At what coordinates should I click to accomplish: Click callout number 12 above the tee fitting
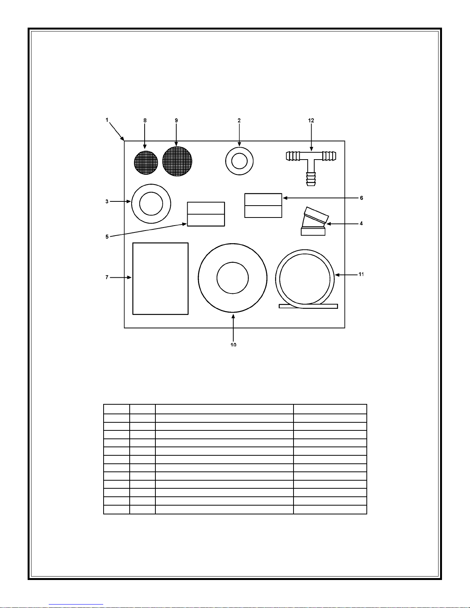point(311,120)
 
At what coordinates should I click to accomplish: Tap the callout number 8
point(145,120)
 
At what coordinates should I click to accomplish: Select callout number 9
point(176,120)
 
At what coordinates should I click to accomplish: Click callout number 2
point(239,120)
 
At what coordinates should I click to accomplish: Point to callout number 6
point(361,198)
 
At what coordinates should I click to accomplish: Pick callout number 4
point(361,224)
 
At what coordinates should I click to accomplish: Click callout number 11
point(361,275)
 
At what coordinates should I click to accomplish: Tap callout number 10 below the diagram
point(233,345)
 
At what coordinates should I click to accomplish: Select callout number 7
point(107,277)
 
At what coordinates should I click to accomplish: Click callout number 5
point(107,237)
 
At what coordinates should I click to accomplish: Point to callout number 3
point(107,201)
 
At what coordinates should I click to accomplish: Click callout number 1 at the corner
point(107,120)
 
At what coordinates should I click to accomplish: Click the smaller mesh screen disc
point(146,163)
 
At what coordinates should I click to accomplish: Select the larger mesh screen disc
point(177,161)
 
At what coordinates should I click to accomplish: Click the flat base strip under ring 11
point(308,306)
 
